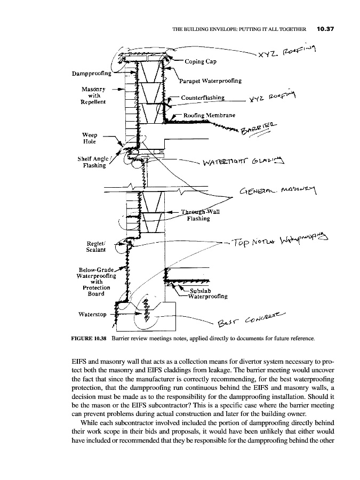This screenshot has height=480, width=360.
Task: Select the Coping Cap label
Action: (200, 61)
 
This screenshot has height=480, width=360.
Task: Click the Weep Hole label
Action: (90, 138)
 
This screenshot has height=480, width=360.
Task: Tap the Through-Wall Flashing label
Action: (198, 214)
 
